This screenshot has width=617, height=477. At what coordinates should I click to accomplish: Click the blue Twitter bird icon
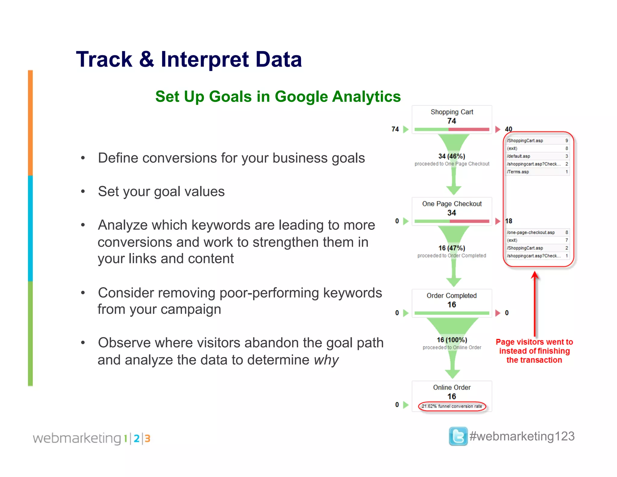[x=458, y=436]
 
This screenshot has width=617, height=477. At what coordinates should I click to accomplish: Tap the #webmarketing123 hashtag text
[x=522, y=436]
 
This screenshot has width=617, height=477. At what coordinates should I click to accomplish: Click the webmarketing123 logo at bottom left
[x=91, y=438]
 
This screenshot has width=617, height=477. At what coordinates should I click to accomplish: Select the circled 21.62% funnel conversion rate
[x=452, y=406]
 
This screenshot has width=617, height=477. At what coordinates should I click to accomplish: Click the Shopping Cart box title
[x=452, y=112]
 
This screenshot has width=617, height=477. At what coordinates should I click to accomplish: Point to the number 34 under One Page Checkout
[x=452, y=213]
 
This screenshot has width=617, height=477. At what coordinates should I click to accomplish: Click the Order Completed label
[x=452, y=295]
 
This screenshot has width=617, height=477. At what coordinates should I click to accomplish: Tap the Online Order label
[x=452, y=387]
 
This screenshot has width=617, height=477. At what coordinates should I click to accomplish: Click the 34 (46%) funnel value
[x=452, y=156]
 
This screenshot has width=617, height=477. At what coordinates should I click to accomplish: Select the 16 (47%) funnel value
[x=452, y=248]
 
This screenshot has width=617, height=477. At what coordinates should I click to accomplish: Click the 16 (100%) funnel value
[x=452, y=340]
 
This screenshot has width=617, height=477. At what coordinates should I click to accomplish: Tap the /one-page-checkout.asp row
[x=531, y=232]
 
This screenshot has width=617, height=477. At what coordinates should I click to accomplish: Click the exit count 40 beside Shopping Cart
[x=509, y=129]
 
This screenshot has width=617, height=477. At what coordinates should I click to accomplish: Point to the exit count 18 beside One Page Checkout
[x=509, y=221]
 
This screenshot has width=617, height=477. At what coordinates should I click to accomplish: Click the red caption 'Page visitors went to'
[x=534, y=342]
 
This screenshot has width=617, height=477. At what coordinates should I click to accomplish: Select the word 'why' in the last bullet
[x=326, y=360]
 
